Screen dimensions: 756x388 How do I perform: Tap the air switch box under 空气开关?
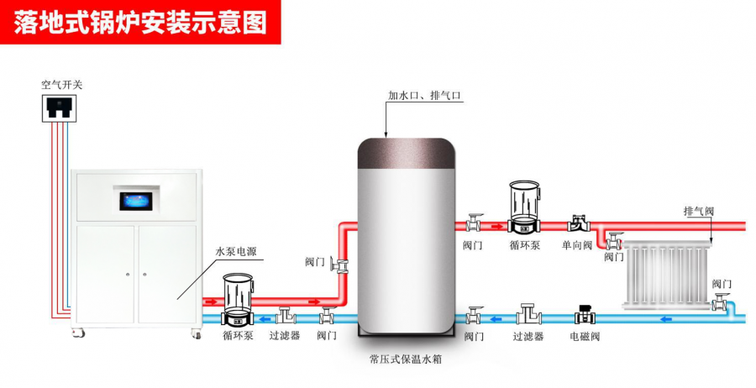[x=60, y=108]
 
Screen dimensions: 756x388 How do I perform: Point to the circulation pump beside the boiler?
[x=239, y=301]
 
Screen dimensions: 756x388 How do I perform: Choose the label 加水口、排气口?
[x=425, y=97]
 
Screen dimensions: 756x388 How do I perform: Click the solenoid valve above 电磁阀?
[x=583, y=315]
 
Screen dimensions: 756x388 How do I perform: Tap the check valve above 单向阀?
[x=578, y=223]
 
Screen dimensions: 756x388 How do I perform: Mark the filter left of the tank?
[x=285, y=317]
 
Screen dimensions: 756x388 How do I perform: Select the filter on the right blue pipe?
[x=528, y=315]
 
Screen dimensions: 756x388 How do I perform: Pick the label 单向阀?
[x=577, y=246]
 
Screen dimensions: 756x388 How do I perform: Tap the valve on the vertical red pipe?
[x=339, y=264]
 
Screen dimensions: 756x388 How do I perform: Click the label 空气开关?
[x=61, y=85]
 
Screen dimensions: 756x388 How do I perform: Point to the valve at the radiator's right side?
[x=720, y=302]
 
